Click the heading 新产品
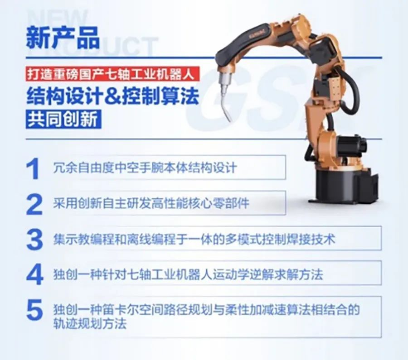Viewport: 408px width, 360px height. coord(63,38)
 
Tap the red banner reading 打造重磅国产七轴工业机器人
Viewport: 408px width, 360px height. coord(112,74)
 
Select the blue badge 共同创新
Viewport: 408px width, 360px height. coord(63,120)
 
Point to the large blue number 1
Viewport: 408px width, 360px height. coord(33,169)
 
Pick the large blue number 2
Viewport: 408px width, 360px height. coord(34,204)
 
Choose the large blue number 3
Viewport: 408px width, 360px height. coord(34,240)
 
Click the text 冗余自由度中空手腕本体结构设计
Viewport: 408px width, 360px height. coord(145,168)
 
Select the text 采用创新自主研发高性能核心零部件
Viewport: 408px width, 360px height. coord(151,203)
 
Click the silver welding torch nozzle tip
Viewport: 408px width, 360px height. coord(229,120)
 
